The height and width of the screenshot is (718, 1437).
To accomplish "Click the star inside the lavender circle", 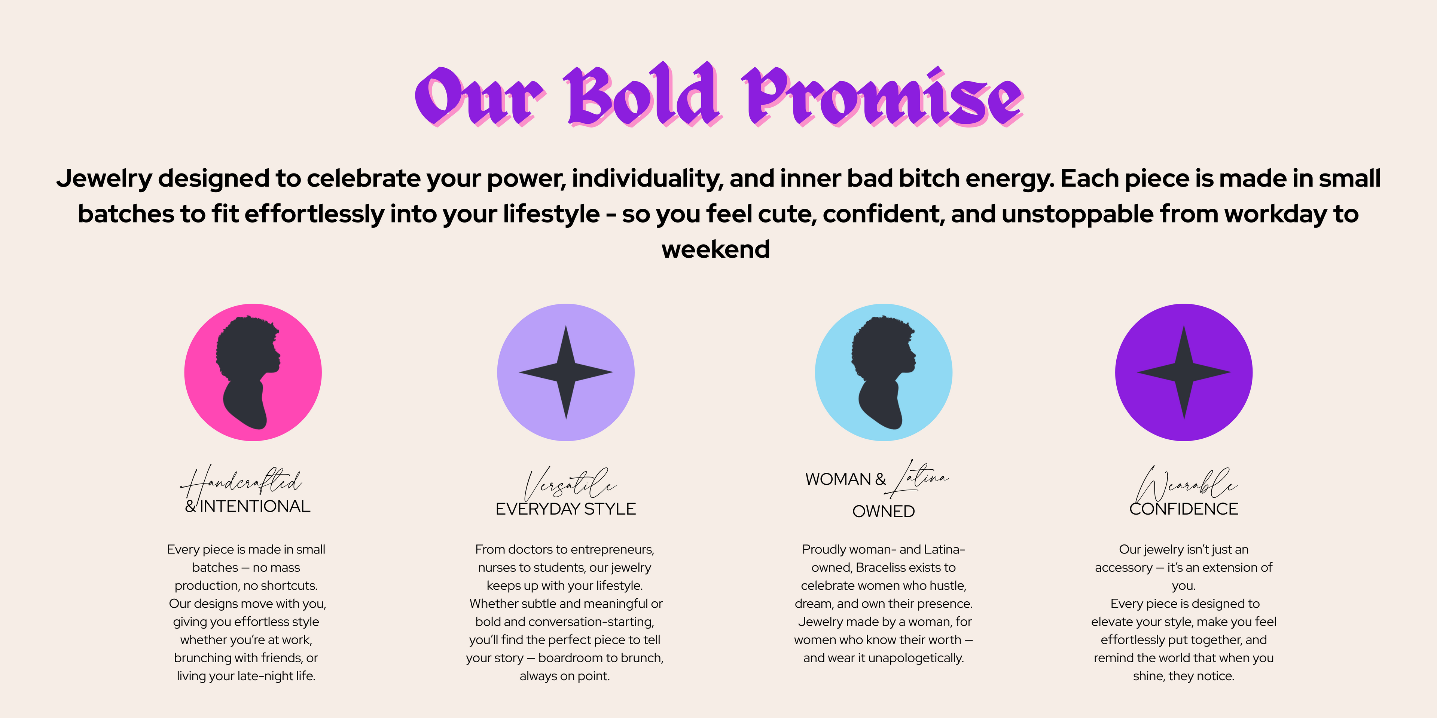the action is point(566,372).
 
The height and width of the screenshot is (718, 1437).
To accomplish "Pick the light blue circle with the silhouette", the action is point(884,372).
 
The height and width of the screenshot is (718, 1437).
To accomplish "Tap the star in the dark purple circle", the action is point(1184,372).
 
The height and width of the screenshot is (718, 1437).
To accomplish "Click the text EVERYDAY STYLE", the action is point(566,509).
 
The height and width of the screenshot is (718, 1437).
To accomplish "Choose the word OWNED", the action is point(884,511).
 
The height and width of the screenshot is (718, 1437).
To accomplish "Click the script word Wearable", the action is point(1186,484).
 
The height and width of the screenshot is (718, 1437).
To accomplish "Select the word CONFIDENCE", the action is point(1184,509).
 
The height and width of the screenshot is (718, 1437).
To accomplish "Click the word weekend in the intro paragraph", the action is point(716,249).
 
